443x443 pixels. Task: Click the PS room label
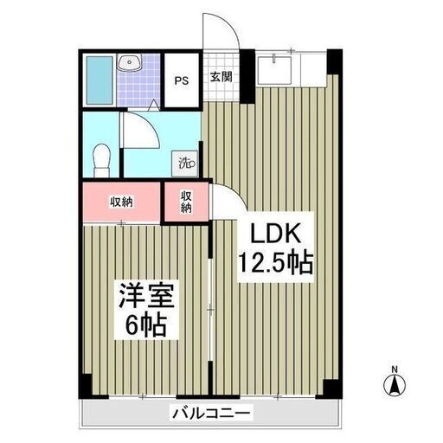182,80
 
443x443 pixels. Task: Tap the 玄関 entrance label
221,77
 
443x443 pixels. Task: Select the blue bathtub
100,80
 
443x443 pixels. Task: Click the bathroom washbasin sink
130,62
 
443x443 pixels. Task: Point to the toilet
101,160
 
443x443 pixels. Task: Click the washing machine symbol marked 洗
185,164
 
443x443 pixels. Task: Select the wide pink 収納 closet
121,202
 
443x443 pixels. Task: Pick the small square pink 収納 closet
186,202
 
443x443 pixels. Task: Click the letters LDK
276,234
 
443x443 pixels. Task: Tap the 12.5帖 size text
275,262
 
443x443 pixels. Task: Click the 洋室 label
146,296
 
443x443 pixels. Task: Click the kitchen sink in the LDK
274,70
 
